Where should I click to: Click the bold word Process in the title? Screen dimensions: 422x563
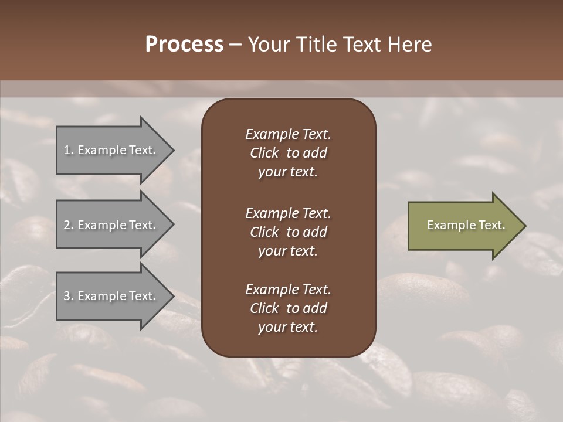coord(184,45)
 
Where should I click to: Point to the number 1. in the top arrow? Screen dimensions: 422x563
coord(69,151)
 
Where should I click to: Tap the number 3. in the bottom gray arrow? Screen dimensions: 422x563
coord(69,297)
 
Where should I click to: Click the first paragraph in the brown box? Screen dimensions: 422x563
coord(288,153)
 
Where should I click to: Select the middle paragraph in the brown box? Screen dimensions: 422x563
coord(288,232)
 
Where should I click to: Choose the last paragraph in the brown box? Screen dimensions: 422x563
coord(288,308)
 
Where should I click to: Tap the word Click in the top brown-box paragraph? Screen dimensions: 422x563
coord(264,153)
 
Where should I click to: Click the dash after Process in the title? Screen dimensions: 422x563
coord(236,45)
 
